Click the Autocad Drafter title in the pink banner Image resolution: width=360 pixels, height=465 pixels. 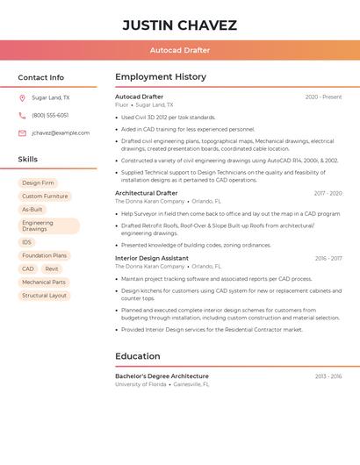pos(179,50)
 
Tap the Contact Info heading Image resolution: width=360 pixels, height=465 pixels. pos(40,77)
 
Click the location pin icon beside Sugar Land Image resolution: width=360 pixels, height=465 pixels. pos(22,98)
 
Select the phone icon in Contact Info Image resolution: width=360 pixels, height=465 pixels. pos(22,116)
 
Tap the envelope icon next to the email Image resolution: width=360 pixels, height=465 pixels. pos(22,133)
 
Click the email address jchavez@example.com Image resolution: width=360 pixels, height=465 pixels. pos(61,133)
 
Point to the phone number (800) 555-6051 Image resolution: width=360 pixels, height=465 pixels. pos(50,116)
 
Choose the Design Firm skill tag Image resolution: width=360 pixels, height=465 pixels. pos(38,183)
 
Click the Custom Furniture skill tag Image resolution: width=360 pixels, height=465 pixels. pos(45,197)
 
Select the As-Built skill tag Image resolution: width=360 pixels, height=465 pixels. pos(32,210)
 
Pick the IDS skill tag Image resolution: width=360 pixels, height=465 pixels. pos(27,242)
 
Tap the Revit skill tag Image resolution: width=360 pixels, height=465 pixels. pos(52,268)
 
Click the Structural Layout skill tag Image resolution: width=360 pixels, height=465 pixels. pos(45,296)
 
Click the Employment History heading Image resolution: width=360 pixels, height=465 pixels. pos(161,77)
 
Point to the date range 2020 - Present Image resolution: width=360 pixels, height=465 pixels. pos(323,97)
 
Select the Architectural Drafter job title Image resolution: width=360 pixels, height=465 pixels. pos(146,193)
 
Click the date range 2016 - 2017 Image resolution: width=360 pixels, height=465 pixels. pos(328,259)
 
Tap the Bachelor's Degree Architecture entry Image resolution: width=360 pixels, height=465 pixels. pos(162,376)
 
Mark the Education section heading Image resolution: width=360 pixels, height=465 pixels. pos(137,356)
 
